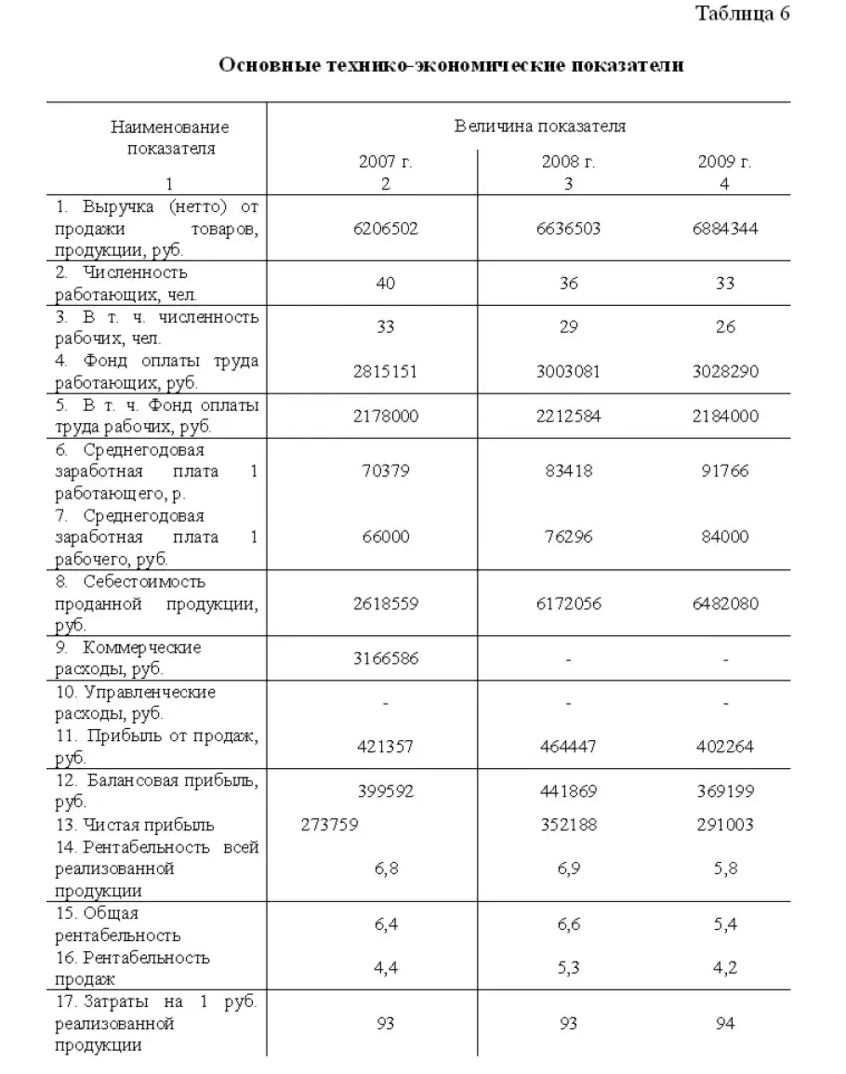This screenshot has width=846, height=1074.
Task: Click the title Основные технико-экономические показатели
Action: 451,65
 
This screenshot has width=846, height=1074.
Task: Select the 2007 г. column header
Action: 385,162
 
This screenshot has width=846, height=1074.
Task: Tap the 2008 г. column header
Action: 568,162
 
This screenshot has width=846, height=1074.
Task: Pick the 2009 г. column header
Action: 724,162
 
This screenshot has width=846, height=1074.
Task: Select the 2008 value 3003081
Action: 568,372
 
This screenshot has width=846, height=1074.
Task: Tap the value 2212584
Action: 568,417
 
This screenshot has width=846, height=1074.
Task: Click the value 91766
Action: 724,471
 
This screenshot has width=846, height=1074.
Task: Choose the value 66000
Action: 385,537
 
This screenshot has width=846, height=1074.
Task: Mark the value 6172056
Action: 568,603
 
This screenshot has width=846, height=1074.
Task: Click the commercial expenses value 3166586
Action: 385,659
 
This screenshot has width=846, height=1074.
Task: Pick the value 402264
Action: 724,747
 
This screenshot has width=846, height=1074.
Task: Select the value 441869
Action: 568,791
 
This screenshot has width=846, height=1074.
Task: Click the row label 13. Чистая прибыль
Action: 135,825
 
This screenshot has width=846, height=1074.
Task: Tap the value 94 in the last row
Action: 724,1024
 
